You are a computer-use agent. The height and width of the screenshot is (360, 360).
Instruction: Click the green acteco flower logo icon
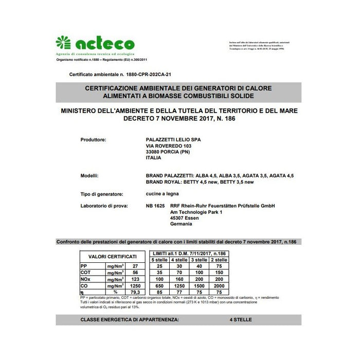[63, 43]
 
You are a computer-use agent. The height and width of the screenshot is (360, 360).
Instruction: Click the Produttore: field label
[94, 140]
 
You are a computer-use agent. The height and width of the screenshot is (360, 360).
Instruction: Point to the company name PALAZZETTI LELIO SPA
[174, 140]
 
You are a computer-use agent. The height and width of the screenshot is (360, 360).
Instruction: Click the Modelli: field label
[89, 176]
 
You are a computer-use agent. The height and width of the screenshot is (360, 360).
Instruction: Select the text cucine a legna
[163, 194]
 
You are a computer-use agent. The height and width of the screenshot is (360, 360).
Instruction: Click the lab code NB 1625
[155, 206]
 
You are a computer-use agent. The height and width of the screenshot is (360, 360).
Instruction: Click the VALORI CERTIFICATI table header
[113, 257]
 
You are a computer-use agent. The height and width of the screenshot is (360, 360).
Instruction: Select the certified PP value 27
[135, 266]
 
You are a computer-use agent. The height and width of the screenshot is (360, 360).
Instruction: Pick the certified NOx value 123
[135, 278]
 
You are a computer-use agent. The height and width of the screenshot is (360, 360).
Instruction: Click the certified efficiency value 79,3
[135, 291]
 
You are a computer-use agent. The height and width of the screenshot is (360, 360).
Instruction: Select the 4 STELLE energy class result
[241, 320]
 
